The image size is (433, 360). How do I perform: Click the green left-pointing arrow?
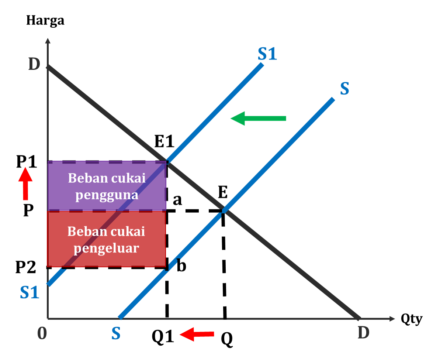[258, 118]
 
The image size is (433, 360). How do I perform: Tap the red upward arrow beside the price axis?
[25, 184]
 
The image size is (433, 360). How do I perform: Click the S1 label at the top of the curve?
[267, 55]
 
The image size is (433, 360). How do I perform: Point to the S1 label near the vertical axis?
[30, 292]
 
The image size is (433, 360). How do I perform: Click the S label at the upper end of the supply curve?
[344, 89]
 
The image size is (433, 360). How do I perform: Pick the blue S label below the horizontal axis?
[116, 333]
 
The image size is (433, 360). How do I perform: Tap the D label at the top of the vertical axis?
[34, 65]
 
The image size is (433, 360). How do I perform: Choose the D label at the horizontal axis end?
[363, 333]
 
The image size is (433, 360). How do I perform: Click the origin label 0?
[42, 333]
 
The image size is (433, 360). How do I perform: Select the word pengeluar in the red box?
[106, 248]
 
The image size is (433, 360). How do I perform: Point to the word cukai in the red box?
[127, 232]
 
